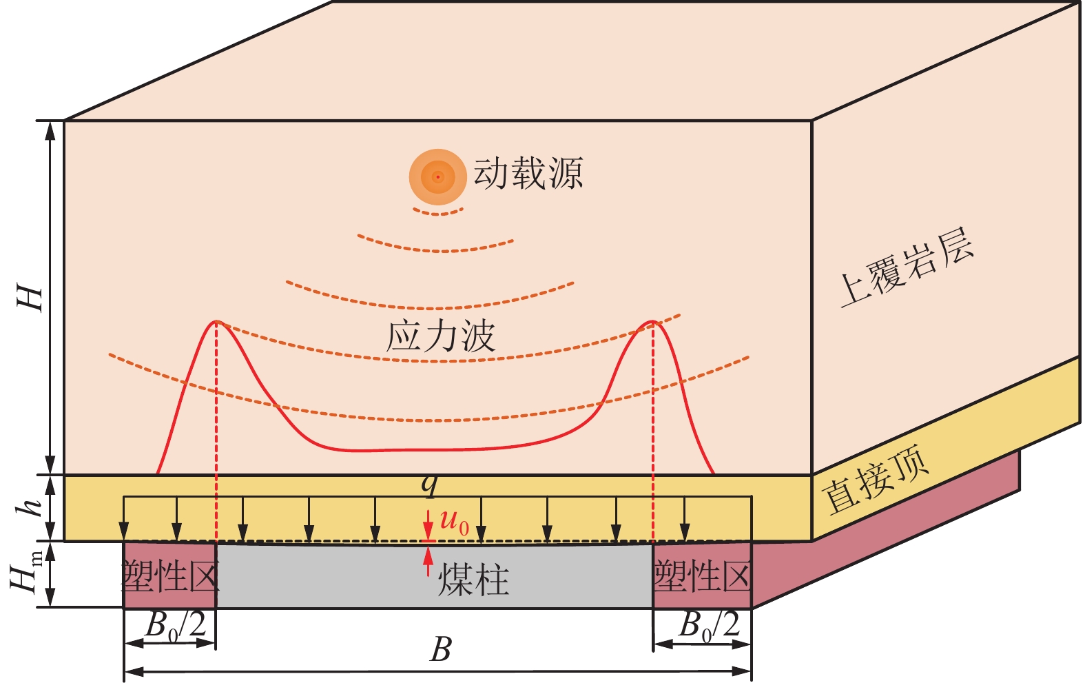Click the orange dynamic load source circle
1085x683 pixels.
pos(437,177)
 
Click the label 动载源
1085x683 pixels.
pos(528,173)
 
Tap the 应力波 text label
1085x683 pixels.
pos(440,336)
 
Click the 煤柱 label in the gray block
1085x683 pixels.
pos(473,580)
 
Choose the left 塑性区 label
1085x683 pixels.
pos(170,575)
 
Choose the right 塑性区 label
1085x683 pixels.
pos(702,575)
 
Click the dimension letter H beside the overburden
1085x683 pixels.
pos(31,298)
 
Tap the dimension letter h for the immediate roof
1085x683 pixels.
pos(31,508)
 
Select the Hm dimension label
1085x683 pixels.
pos(28,574)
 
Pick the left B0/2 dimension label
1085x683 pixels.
pos(176,626)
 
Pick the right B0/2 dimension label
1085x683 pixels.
pos(709,626)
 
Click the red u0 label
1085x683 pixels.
pos(454,522)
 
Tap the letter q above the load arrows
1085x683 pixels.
pos(430,485)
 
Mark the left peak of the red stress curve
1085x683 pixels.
pos(217,321)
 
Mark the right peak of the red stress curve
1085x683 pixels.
pos(652,321)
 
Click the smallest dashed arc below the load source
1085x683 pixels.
pos(438,212)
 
